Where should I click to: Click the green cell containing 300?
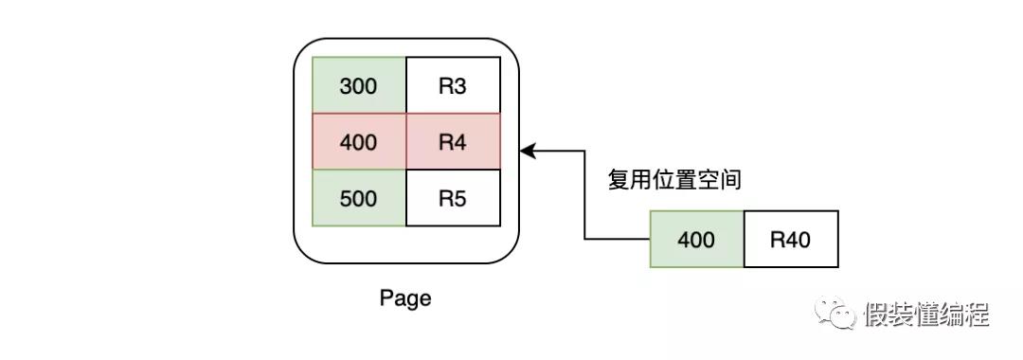(359, 85)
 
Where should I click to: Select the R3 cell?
(452, 85)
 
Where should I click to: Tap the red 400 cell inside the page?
(359, 142)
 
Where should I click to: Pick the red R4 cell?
(452, 142)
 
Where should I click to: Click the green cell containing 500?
(359, 199)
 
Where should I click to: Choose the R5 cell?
(452, 199)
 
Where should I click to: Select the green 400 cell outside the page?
(696, 239)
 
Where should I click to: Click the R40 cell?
(790, 239)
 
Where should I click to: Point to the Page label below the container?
(405, 298)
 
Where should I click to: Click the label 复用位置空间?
(673, 180)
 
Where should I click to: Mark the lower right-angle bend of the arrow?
(584, 239)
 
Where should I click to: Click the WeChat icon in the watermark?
(836, 314)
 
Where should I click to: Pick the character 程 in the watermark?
(977, 315)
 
